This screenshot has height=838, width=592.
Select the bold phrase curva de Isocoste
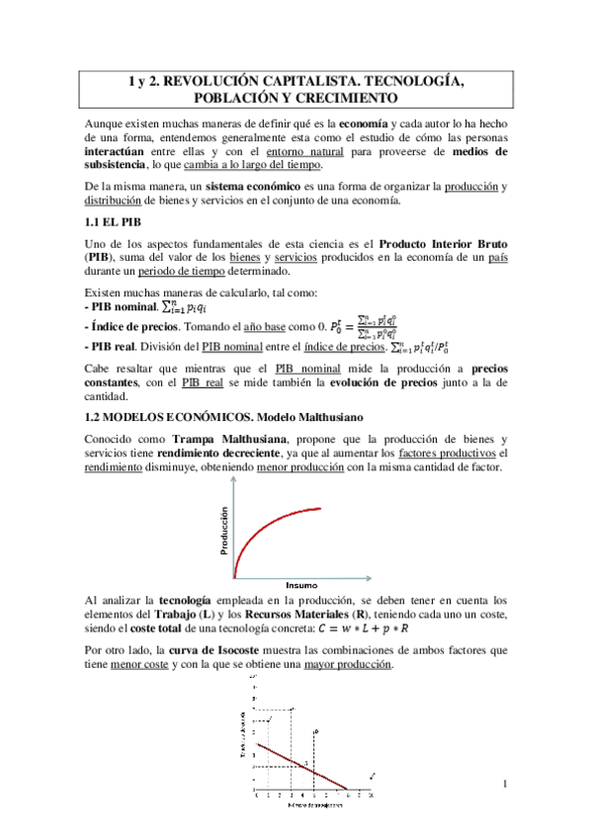(216, 651)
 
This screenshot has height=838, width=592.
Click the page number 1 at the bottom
(504, 786)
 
